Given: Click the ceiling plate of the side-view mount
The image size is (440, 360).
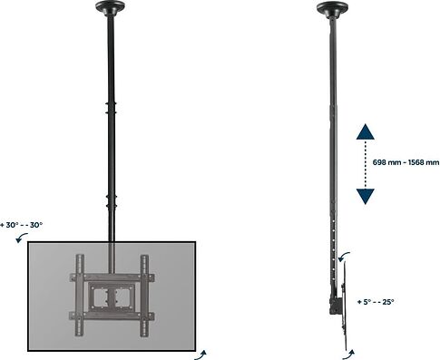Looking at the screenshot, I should (333, 10).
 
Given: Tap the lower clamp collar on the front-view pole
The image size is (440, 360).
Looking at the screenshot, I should (112, 197).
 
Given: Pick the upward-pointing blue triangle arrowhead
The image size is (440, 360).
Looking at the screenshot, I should (364, 132).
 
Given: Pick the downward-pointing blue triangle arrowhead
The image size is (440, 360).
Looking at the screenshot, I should (364, 193).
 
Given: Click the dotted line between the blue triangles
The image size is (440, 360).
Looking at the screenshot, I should (364, 163).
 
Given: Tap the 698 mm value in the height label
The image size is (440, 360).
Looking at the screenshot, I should (386, 163).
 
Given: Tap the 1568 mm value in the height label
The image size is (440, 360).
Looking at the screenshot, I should (423, 163).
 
